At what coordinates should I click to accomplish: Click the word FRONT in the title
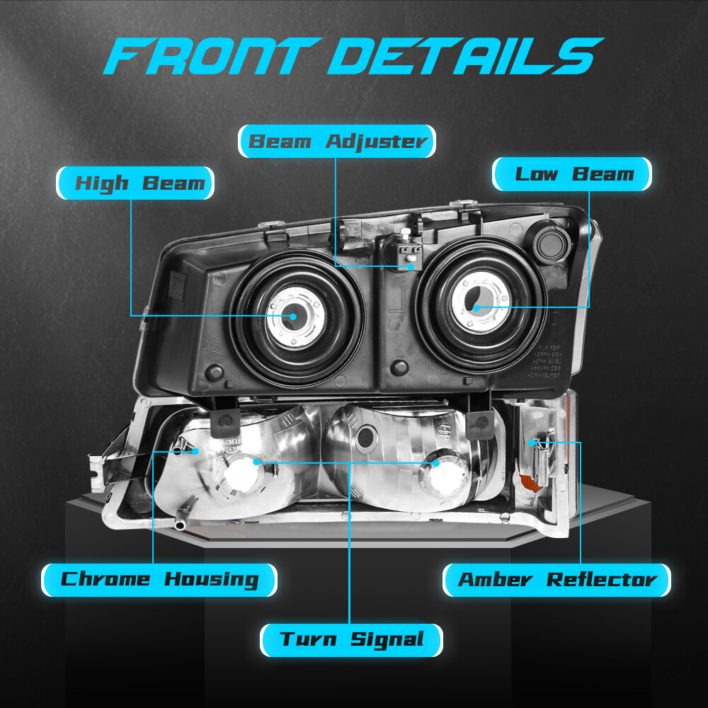point(212,56)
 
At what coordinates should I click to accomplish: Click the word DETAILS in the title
point(465,56)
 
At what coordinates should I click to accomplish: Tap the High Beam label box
point(135,183)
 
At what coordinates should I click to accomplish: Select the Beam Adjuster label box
point(337,142)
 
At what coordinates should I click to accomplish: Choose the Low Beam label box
point(571,174)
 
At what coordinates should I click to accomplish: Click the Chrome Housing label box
point(159,580)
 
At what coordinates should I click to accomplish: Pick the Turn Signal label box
point(351,640)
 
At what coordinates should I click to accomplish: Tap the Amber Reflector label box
point(556,580)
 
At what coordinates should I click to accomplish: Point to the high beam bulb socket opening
point(292,316)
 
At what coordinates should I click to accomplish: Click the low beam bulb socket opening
point(474,299)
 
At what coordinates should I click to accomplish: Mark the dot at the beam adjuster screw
point(411,266)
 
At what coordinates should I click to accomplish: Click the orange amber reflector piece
point(531,482)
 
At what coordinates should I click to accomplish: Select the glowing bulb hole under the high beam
point(242,474)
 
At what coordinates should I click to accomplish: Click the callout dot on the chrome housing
point(195,450)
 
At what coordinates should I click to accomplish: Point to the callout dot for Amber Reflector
point(532,443)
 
